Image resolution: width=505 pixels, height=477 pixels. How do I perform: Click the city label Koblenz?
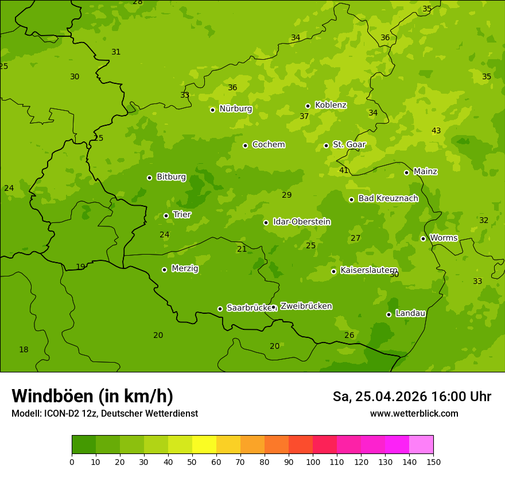[331, 105]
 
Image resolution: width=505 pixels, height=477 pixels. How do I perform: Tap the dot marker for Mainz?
[406, 172]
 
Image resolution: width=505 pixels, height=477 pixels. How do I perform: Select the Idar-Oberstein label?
[301, 222]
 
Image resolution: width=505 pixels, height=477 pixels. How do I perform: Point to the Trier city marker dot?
[166, 216]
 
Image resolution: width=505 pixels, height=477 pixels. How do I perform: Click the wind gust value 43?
[436, 131]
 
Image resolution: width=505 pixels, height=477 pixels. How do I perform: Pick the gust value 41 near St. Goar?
[344, 171]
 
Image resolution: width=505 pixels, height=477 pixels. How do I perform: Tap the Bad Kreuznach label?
[388, 198]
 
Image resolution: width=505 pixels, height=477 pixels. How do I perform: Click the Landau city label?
[410, 313]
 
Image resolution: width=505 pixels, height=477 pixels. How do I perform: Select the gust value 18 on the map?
[24, 350]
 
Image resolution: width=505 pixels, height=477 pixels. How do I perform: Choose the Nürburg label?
[235, 109]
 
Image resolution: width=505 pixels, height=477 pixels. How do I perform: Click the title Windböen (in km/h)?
[92, 396]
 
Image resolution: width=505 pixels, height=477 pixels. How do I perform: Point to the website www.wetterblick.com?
[414, 413]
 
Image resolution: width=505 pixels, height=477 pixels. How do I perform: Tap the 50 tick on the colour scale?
[192, 461]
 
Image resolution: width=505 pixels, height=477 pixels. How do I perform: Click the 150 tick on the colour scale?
[433, 461]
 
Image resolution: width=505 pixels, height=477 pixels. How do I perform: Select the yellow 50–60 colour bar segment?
[204, 445]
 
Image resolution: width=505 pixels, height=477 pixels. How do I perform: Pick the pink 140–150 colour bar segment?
[421, 445]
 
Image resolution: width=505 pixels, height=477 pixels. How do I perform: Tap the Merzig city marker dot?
[164, 270]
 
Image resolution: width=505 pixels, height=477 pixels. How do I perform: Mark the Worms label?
[444, 238]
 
